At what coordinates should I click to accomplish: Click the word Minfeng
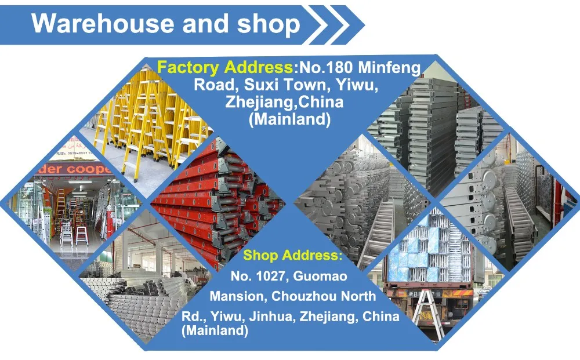pyautogui.click(x=389, y=68)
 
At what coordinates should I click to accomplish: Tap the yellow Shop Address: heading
pyautogui.click(x=292, y=255)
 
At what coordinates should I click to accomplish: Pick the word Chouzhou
pyautogui.click(x=303, y=296)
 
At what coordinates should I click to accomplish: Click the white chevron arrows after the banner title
pyautogui.click(x=336, y=24)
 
